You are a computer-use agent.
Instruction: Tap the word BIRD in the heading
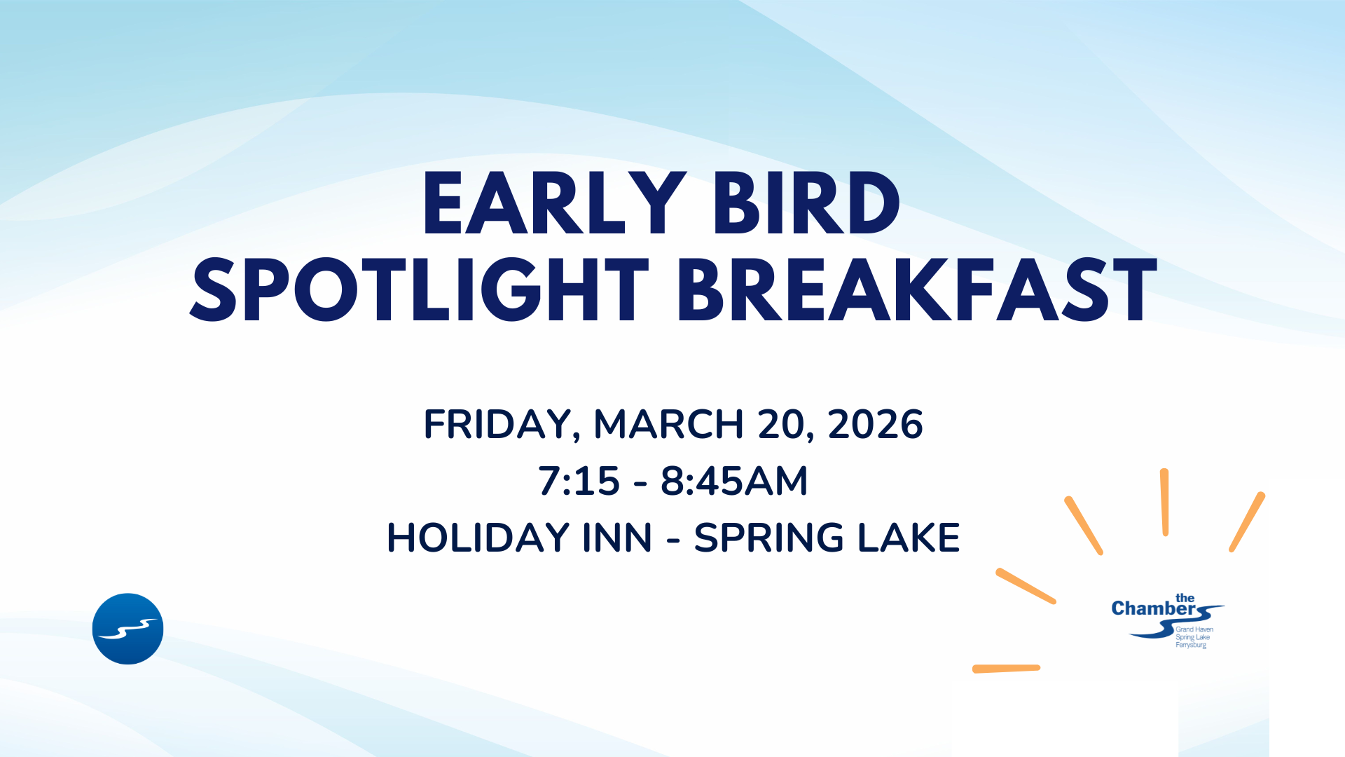tap(806, 203)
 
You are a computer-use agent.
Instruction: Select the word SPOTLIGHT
tap(419, 289)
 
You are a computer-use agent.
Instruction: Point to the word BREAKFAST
tap(916, 289)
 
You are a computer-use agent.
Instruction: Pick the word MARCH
tap(668, 424)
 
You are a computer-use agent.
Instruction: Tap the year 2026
tap(875, 424)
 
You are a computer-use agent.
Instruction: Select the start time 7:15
tap(579, 482)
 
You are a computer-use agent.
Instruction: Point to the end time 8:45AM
tap(734, 482)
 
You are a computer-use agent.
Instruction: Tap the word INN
tap(617, 538)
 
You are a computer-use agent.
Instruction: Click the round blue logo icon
tap(127, 629)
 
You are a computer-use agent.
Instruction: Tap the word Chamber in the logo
tap(1153, 608)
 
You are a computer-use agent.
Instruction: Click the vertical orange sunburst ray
tap(1164, 502)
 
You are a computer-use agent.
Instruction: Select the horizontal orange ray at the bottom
tap(1006, 669)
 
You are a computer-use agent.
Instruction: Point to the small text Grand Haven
tap(1194, 629)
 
